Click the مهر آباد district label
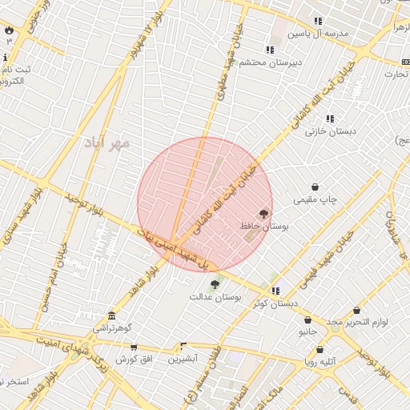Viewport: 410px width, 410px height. tap(106, 143)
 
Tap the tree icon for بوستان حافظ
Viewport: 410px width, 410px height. tap(264, 214)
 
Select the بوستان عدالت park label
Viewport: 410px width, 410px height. tap(215, 296)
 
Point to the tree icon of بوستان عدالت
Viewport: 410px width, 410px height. tap(214, 284)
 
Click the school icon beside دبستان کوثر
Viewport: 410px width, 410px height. tap(275, 291)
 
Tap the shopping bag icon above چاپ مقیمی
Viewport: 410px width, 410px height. tap(315, 187)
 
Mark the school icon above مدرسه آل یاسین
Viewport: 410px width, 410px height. tap(318, 22)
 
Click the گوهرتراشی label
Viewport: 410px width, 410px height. tap(111, 328)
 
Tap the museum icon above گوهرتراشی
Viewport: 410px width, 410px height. tap(111, 315)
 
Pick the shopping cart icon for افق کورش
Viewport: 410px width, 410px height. tap(134, 348)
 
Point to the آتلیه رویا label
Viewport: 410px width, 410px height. tap(320, 362)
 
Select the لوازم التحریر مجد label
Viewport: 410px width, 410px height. tap(356, 321)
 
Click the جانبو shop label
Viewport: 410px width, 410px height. tap(308, 331)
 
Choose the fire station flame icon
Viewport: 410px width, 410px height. tap(9, 30)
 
